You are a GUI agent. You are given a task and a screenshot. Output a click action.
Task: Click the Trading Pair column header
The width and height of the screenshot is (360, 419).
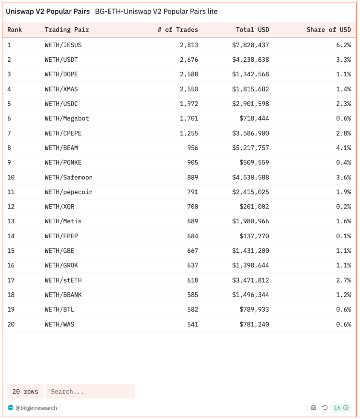pyautogui.click(x=67, y=30)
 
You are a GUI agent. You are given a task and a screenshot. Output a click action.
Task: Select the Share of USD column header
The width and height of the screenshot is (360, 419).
pyautogui.click(x=328, y=30)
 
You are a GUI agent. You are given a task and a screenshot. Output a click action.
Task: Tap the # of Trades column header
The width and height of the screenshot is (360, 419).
pyautogui.click(x=181, y=30)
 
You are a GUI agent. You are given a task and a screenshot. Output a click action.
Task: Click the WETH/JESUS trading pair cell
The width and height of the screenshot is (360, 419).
pyautogui.click(x=63, y=45)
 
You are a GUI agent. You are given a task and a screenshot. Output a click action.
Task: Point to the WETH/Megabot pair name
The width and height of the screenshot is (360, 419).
pyautogui.click(x=67, y=118)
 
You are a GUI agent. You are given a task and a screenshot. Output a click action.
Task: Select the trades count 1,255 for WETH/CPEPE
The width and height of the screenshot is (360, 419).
pyautogui.click(x=189, y=133)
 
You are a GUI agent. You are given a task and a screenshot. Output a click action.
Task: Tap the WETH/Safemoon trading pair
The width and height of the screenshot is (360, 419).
pyautogui.click(x=68, y=177)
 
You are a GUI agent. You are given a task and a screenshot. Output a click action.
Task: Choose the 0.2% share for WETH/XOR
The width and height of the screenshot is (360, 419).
pyautogui.click(x=343, y=207)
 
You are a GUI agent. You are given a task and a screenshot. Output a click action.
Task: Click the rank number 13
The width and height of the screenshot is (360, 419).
pyautogui.click(x=11, y=221)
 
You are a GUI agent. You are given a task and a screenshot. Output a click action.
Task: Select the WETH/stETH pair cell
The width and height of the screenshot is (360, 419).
pyautogui.click(x=63, y=280)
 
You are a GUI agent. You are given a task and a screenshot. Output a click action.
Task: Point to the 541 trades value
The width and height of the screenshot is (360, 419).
pyautogui.click(x=192, y=324)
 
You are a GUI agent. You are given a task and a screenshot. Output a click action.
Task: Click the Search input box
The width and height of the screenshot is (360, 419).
pyautogui.click(x=90, y=391)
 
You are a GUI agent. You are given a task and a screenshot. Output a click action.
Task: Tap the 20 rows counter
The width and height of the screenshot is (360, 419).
pyautogui.click(x=25, y=391)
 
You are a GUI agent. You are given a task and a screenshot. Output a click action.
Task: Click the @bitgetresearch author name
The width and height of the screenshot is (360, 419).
pyautogui.click(x=36, y=408)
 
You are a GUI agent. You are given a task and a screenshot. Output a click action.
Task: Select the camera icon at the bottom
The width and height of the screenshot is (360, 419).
pyautogui.click(x=314, y=408)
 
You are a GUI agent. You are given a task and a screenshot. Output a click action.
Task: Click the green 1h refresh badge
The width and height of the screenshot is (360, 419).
pyautogui.click(x=341, y=408)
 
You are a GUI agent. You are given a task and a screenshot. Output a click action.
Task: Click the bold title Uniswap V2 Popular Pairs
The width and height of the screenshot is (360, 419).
pyautogui.click(x=48, y=12)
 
